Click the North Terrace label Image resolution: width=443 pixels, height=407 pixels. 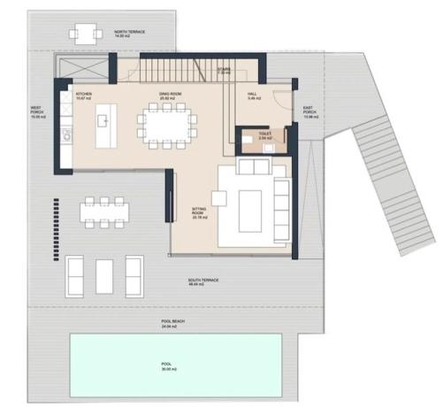(129, 33)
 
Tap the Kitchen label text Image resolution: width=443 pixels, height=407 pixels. (84, 95)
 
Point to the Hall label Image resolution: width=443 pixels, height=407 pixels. (252, 96)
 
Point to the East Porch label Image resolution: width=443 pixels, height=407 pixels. (309, 113)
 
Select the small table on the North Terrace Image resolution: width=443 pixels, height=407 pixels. (82, 34)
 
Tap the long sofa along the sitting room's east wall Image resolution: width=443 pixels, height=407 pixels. (281, 205)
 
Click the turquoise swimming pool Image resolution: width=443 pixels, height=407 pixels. (177, 365)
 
